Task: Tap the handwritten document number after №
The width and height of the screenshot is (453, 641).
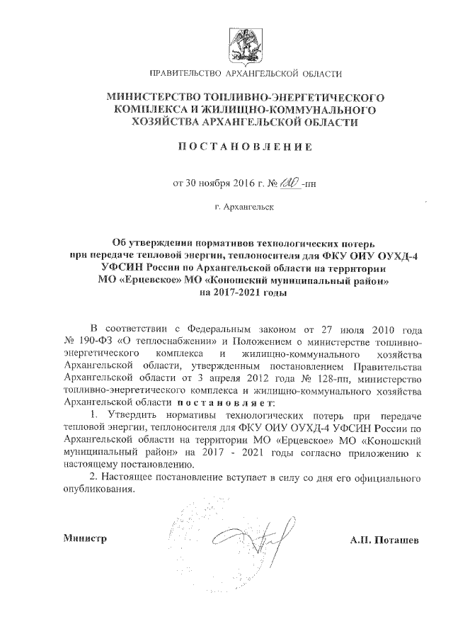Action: click(288, 183)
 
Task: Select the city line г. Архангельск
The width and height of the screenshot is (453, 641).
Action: click(242, 207)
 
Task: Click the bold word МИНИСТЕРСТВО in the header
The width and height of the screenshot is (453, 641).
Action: click(156, 96)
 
